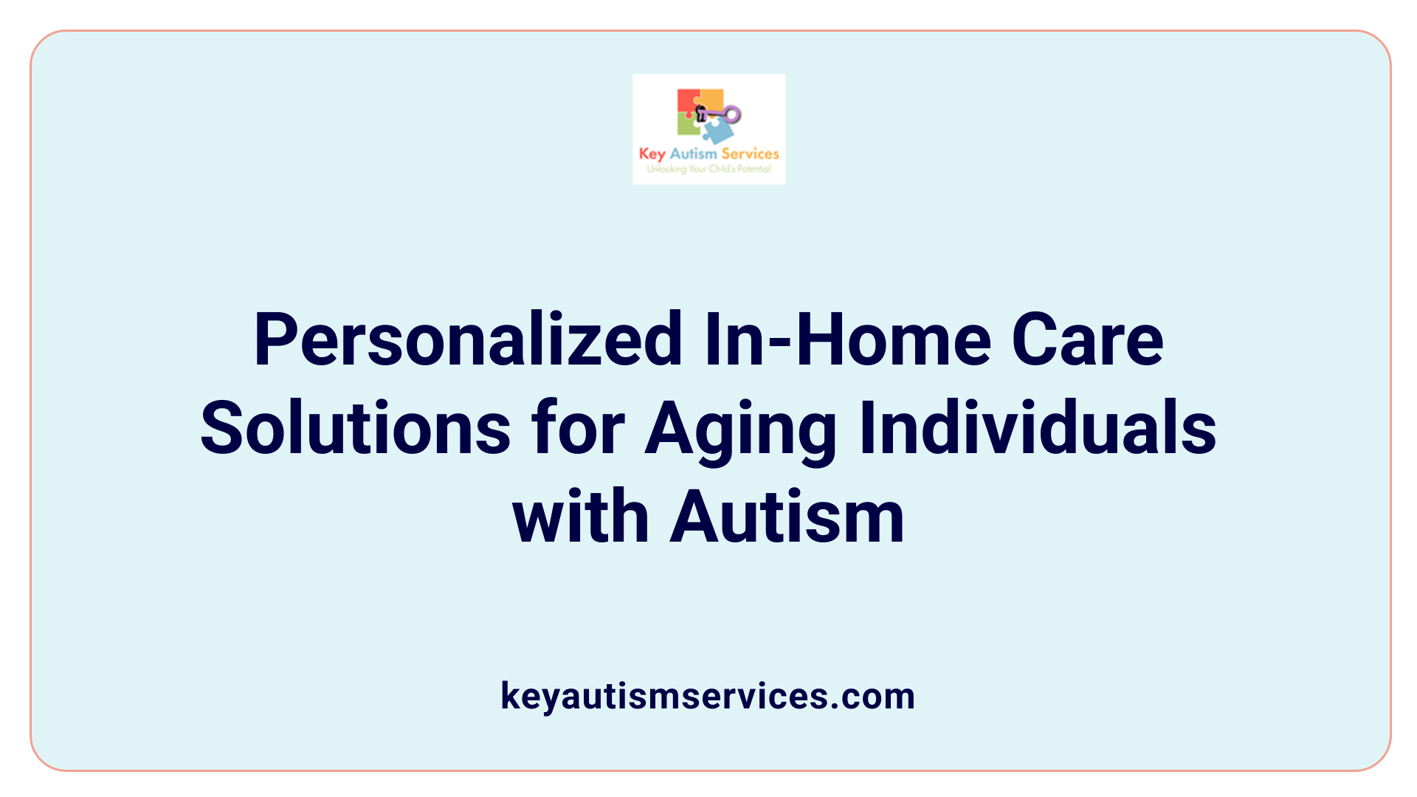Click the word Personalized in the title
[468, 340]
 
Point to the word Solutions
[355, 429]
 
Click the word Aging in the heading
[740, 430]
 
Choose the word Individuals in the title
[1038, 429]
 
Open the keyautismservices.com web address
[708, 696]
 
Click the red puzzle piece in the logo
[687, 101]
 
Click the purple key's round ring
[732, 114]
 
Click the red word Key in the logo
[652, 154]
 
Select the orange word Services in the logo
[750, 153]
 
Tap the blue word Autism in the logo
[693, 153]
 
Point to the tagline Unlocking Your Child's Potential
[708, 169]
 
